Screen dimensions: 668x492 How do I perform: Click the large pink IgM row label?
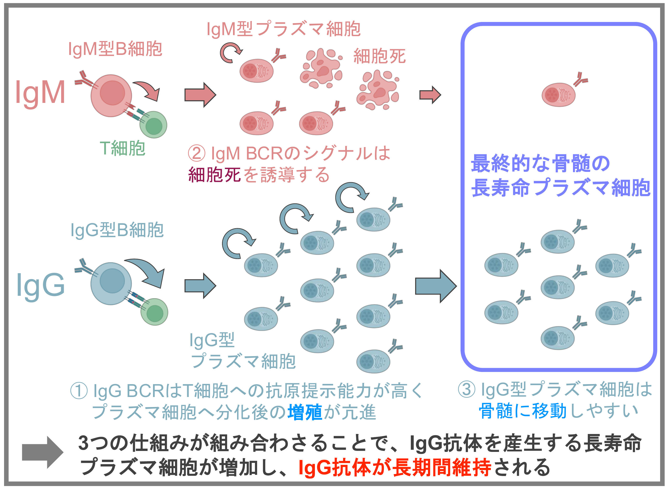tap(40, 93)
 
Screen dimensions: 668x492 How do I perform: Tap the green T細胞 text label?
tap(122, 148)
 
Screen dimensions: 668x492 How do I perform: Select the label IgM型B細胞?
tap(115, 49)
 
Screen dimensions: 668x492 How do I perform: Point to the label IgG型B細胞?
tap(117, 230)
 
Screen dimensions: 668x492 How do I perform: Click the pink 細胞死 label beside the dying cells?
tap(379, 56)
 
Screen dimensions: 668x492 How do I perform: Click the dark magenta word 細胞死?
tap(214, 175)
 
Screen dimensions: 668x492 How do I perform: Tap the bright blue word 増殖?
tap(305, 412)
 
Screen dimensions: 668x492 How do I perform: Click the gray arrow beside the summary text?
tap(42, 452)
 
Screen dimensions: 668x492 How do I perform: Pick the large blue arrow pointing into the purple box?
tap(436, 286)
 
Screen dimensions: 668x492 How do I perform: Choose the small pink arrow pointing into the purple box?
tap(430, 95)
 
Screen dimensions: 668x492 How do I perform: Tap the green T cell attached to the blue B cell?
tap(154, 312)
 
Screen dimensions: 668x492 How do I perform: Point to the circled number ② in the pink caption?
tap(196, 154)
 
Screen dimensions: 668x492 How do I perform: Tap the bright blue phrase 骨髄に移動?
tap(522, 411)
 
